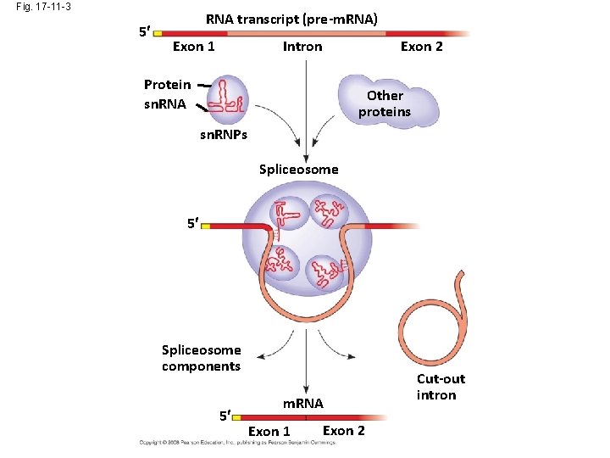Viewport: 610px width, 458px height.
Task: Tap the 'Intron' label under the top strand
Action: point(302,47)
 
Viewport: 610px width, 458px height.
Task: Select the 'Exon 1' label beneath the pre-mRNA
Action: point(193,47)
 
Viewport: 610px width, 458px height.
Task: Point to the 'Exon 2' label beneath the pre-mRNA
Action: point(421,47)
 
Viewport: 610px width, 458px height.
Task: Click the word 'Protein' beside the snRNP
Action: point(167,85)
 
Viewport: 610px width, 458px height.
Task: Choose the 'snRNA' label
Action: point(166,105)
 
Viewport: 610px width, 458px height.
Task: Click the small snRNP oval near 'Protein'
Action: point(227,96)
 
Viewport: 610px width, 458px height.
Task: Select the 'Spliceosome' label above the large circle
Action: point(298,170)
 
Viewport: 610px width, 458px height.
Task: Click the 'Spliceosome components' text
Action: point(202,358)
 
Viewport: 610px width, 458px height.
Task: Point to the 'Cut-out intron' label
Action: point(440,387)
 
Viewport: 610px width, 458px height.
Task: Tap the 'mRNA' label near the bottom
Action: point(302,403)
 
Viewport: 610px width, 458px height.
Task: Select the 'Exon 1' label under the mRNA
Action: point(269,432)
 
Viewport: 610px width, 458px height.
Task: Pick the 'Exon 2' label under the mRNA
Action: point(343,431)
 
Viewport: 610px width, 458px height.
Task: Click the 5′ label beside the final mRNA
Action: point(224,416)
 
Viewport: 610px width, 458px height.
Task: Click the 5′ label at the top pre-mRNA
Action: point(144,32)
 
